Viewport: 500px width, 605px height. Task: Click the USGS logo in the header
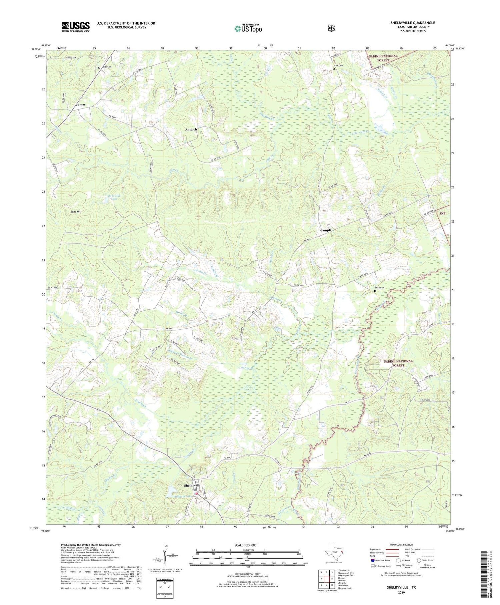[x=75, y=27]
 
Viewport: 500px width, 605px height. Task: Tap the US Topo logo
[x=248, y=28]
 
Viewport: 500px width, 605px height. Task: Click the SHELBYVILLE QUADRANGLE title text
[x=413, y=23]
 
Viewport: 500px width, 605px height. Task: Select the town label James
[x=81, y=105]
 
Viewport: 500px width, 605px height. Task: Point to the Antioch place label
[x=191, y=129]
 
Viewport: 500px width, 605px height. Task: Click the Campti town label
[x=325, y=230]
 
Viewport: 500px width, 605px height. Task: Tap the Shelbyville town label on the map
[x=192, y=485]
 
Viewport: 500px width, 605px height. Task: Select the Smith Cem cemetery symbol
[x=99, y=67]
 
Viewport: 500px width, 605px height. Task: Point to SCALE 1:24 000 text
[x=248, y=545]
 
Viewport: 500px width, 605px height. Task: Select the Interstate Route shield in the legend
[x=372, y=560]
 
